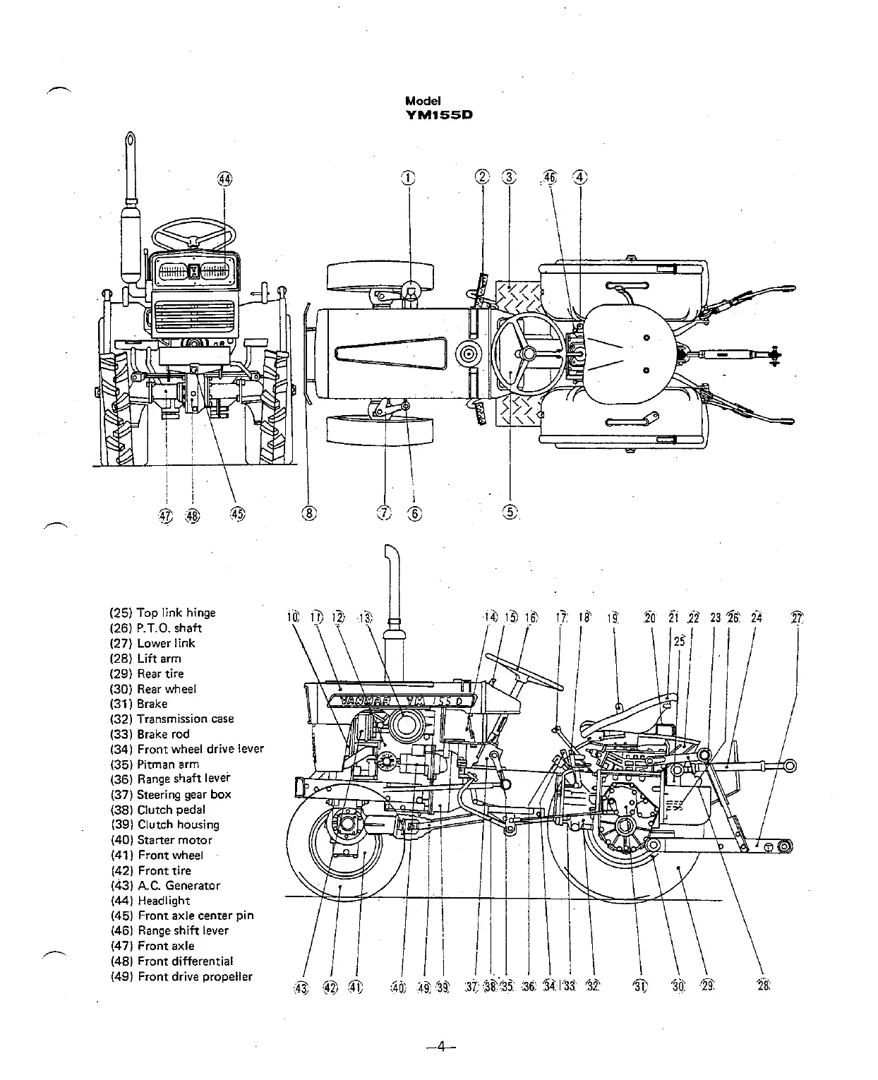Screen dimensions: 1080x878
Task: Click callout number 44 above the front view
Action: click(x=224, y=180)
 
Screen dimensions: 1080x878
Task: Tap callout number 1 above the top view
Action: click(x=409, y=177)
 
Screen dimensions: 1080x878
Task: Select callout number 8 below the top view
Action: click(x=308, y=513)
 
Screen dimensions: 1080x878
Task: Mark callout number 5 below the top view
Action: click(x=510, y=513)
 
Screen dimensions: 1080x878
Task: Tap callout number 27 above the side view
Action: click(x=798, y=618)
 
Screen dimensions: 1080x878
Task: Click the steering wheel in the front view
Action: click(x=194, y=233)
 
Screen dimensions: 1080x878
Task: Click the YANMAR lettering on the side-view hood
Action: click(x=360, y=701)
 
